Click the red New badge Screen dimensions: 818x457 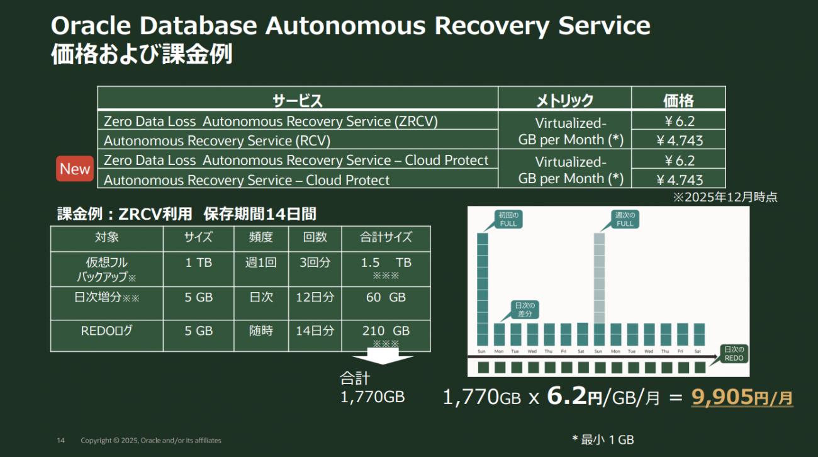(75, 169)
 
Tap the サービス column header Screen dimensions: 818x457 (298, 100)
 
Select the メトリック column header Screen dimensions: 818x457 (564, 100)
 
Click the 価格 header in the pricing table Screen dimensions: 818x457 (678, 100)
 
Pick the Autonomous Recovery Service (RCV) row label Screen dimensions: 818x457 (217, 140)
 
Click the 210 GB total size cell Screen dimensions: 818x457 (386, 330)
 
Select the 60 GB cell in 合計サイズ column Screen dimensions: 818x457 (386, 297)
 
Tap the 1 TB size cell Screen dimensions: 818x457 (199, 262)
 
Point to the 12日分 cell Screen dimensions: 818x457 (315, 297)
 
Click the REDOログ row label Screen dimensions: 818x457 (106, 330)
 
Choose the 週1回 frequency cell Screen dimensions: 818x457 (261, 262)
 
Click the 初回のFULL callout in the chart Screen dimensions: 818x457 (508, 219)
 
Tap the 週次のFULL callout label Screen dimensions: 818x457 (625, 219)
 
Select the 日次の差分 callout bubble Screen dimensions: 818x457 (524, 310)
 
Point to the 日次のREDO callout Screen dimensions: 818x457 (734, 354)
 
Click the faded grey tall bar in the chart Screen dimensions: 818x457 (599, 278)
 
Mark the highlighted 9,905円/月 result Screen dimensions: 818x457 (742, 397)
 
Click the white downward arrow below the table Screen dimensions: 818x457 (383, 356)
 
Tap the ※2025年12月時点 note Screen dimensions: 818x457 (726, 197)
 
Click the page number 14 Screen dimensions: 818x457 (60, 440)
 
